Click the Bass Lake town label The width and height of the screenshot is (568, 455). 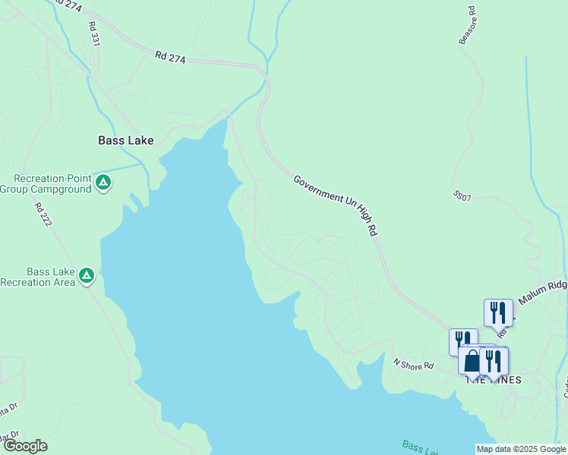point(126,140)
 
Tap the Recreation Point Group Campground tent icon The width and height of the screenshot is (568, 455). point(103,183)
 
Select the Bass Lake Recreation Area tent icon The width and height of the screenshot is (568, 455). point(87,276)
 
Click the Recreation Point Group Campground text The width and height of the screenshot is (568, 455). point(47,184)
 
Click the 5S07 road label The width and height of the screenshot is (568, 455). point(462,196)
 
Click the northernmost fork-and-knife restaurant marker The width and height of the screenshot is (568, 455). point(498,312)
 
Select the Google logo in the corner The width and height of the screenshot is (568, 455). point(25,446)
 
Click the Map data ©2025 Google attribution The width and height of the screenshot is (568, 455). point(521,449)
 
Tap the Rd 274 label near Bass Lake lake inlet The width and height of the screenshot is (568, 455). point(170,56)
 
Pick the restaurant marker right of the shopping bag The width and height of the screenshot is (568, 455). point(494,361)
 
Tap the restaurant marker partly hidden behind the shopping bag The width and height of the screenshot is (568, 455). point(462,340)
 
